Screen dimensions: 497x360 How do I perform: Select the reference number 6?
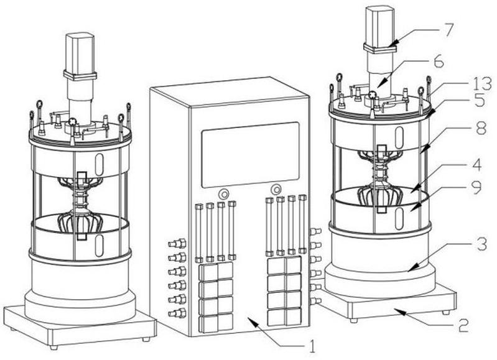tap(439, 62)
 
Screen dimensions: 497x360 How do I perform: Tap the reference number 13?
tap(481, 84)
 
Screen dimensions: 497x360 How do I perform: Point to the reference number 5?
tap(480, 100)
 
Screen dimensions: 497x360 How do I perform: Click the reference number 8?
tap(481, 128)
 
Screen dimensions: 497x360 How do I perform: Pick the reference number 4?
tap(475, 165)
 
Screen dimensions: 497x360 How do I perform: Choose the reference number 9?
tap(475, 188)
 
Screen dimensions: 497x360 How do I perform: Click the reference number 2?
tap(463, 325)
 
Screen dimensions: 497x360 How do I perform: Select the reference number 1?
tap(312, 346)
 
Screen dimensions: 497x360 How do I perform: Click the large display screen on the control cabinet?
tap(251, 155)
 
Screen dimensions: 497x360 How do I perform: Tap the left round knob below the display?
tap(224, 193)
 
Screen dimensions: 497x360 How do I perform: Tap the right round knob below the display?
tap(276, 190)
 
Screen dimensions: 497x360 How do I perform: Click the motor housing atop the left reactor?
tap(80, 54)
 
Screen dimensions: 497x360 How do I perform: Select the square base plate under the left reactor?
tap(80, 326)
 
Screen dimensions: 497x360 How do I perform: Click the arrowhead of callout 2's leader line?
tap(399, 312)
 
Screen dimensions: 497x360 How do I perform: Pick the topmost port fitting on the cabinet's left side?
tap(177, 244)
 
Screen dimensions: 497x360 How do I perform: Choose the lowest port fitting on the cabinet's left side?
tap(177, 313)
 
